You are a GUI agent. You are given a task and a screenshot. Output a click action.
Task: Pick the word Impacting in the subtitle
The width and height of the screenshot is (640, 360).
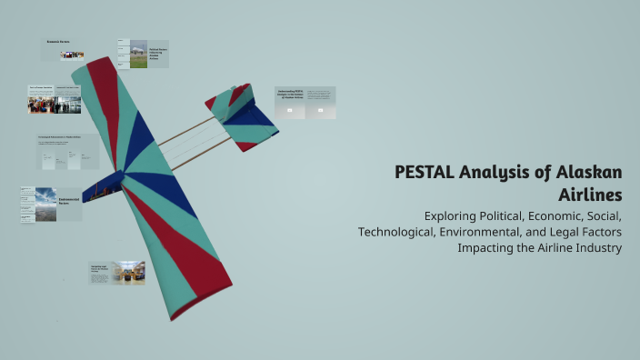(488, 247)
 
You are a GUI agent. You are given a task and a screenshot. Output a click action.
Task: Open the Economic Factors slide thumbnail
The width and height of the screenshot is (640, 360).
(66, 49)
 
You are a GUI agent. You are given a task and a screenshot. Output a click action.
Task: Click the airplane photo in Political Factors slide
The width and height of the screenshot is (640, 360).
(138, 54)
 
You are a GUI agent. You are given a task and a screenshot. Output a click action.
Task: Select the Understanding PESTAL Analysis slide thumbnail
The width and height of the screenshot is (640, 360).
(305, 103)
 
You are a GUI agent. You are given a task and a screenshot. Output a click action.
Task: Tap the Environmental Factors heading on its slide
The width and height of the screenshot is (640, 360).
(69, 200)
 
